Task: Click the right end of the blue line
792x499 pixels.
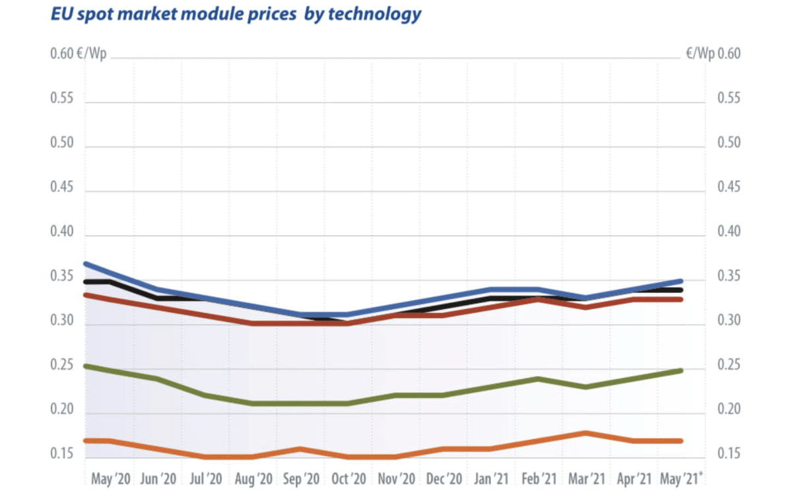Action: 680,281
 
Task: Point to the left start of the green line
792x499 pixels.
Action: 86,366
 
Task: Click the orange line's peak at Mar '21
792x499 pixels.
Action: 585,433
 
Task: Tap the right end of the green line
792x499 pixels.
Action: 680,370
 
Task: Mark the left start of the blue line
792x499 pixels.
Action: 86,264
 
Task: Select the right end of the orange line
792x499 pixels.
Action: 680,441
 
